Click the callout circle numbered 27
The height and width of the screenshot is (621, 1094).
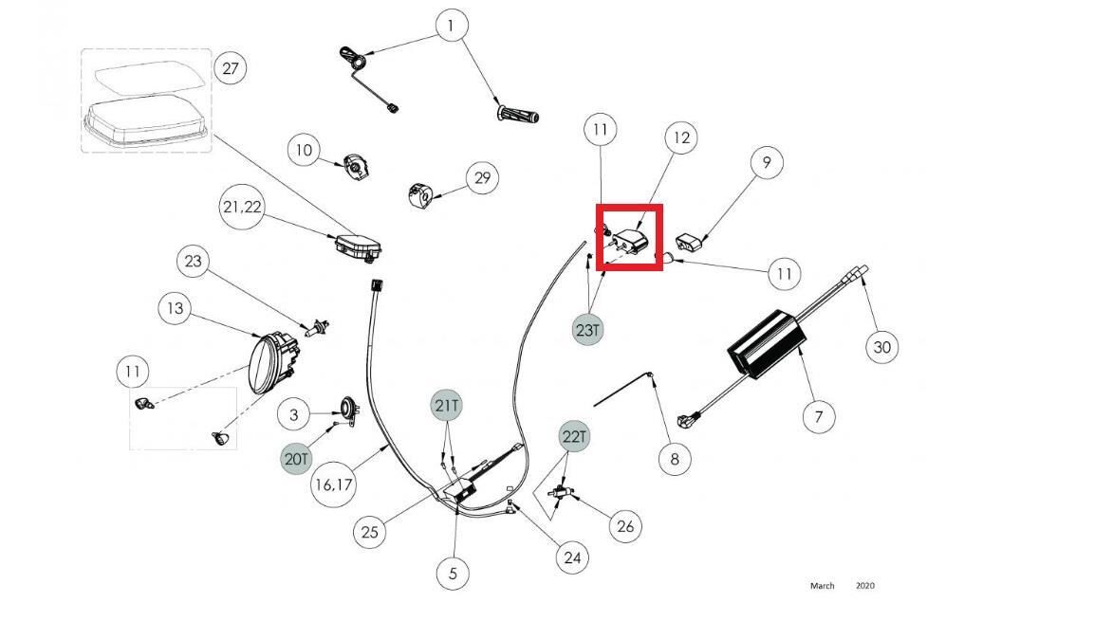click(x=230, y=68)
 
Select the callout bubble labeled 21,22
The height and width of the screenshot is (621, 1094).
click(x=242, y=208)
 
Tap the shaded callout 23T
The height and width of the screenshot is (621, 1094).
click(x=588, y=330)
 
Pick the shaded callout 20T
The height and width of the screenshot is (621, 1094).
click(x=296, y=459)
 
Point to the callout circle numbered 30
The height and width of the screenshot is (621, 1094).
click(x=881, y=347)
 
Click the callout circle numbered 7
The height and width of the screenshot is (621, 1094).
click(x=818, y=414)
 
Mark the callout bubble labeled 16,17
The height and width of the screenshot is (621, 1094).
click(x=334, y=484)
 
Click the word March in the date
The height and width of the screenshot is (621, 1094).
click(x=822, y=586)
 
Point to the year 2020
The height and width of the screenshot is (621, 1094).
click(x=864, y=586)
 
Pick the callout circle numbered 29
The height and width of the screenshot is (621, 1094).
click(x=483, y=177)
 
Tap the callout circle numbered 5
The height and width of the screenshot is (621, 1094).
click(x=453, y=572)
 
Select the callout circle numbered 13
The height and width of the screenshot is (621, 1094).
click(x=176, y=308)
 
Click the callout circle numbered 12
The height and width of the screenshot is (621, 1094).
click(x=680, y=138)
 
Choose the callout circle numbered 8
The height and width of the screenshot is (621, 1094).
click(x=675, y=459)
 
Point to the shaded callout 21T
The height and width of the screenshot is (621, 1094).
click(x=447, y=406)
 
